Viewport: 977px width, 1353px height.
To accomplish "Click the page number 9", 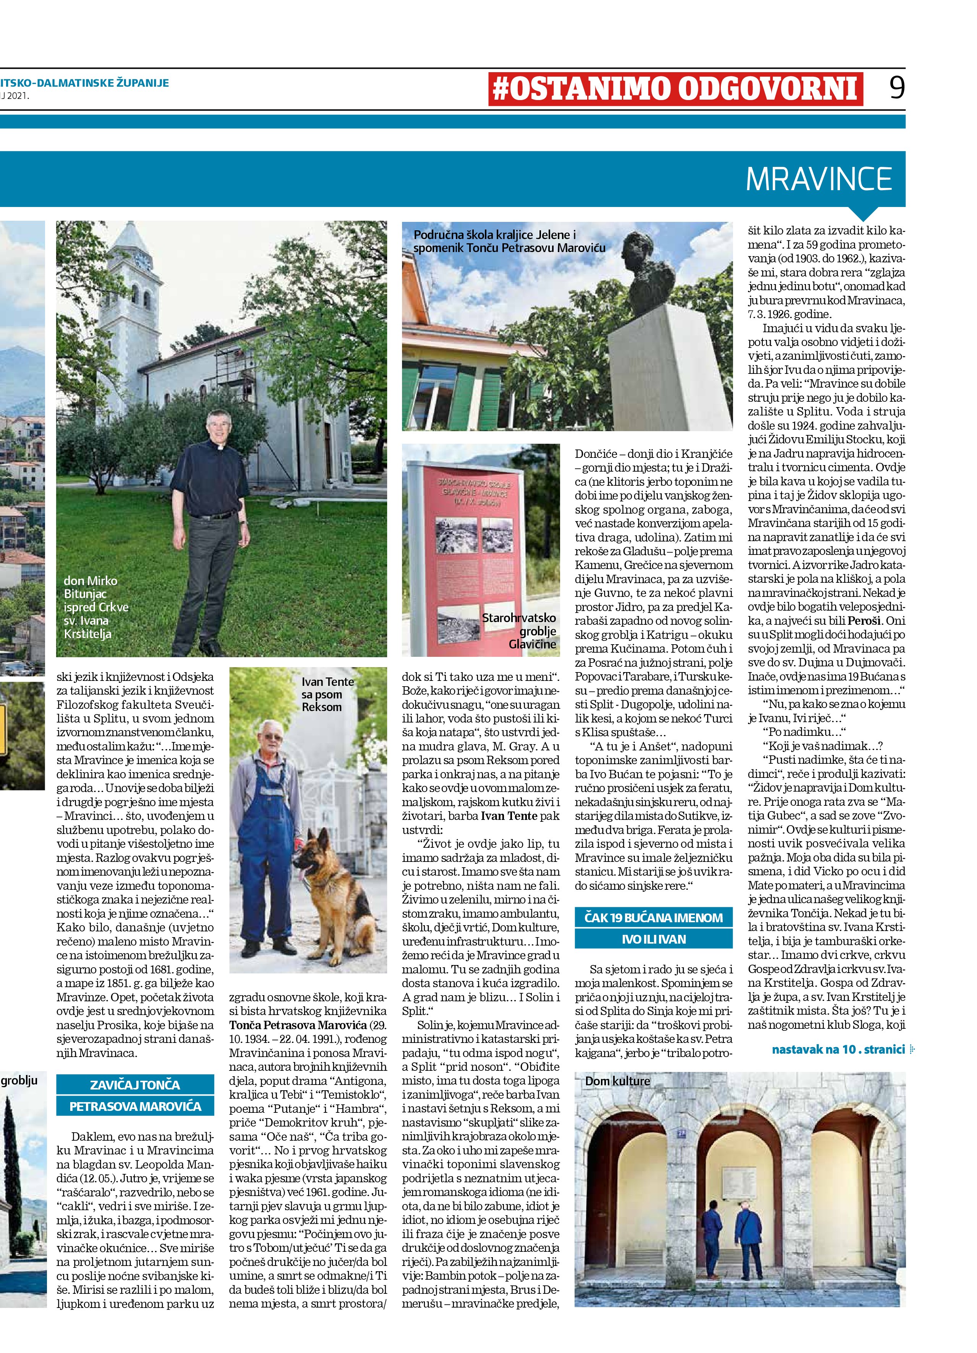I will coord(896,88).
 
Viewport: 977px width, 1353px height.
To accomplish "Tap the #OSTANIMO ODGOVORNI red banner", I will coord(676,89).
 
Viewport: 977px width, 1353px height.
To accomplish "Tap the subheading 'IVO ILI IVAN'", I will coord(654,939).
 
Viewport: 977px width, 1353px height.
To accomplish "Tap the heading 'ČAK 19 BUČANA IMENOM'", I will coord(654,918).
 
